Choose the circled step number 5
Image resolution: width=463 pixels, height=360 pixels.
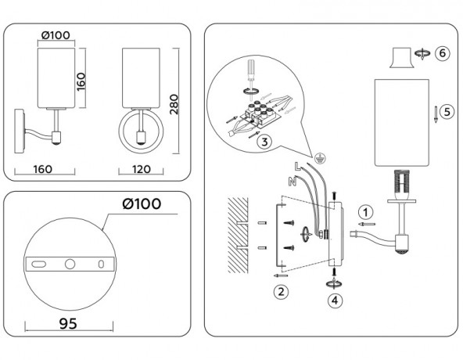pos(446,111)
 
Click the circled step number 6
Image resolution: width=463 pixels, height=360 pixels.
pos(443,53)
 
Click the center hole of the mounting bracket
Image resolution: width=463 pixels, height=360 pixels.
pos(70,264)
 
